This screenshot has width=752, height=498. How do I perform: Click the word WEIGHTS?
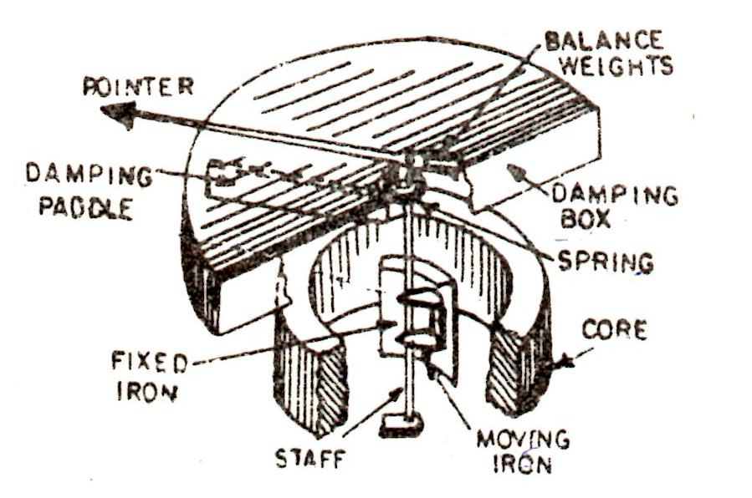coord(616,66)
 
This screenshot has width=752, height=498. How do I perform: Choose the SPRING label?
coord(606,261)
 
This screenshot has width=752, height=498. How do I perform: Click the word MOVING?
coord(530,439)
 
